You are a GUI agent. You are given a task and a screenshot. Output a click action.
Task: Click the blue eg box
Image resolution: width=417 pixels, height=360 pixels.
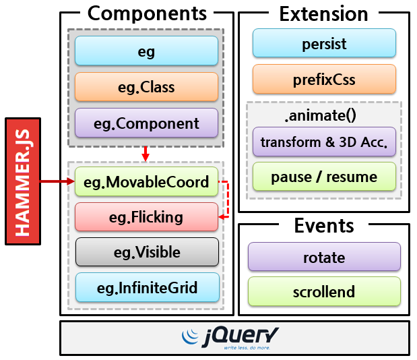(x=146, y=51)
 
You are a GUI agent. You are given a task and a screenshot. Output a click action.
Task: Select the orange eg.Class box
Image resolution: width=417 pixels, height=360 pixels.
(x=146, y=87)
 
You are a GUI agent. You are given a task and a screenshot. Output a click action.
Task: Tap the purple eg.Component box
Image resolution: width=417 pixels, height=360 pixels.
(x=146, y=123)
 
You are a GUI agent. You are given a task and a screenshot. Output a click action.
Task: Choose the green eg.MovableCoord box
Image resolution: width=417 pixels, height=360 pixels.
(x=146, y=181)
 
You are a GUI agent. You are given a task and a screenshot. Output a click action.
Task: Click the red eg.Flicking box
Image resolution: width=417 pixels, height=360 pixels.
(x=146, y=217)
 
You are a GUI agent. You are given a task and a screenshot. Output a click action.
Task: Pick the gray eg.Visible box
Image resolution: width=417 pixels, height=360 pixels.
(x=146, y=252)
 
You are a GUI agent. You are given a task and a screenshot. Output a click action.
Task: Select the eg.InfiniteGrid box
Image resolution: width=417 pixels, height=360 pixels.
(x=146, y=288)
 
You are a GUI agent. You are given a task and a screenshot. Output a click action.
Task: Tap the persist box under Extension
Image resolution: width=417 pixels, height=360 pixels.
(x=324, y=44)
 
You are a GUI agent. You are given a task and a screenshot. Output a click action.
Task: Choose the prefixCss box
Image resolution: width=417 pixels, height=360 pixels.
(x=324, y=80)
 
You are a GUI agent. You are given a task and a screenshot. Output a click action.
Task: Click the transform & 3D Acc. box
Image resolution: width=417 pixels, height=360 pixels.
(x=324, y=142)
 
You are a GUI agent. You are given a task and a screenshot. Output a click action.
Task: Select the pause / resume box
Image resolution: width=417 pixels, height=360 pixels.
(x=324, y=177)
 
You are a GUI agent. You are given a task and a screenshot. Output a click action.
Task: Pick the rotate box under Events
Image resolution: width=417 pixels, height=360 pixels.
(x=324, y=257)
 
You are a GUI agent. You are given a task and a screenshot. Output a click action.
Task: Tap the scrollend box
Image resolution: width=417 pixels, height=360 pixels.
(x=324, y=292)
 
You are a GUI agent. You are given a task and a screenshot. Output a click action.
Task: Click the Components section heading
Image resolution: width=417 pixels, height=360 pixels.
(x=147, y=13)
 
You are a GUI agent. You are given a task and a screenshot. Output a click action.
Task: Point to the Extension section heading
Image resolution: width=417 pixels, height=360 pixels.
(x=323, y=13)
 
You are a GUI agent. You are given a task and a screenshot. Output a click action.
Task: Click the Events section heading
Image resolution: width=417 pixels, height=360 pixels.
(x=324, y=225)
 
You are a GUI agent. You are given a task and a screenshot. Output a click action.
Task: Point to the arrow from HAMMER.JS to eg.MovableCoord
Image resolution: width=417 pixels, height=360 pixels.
(x=57, y=181)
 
